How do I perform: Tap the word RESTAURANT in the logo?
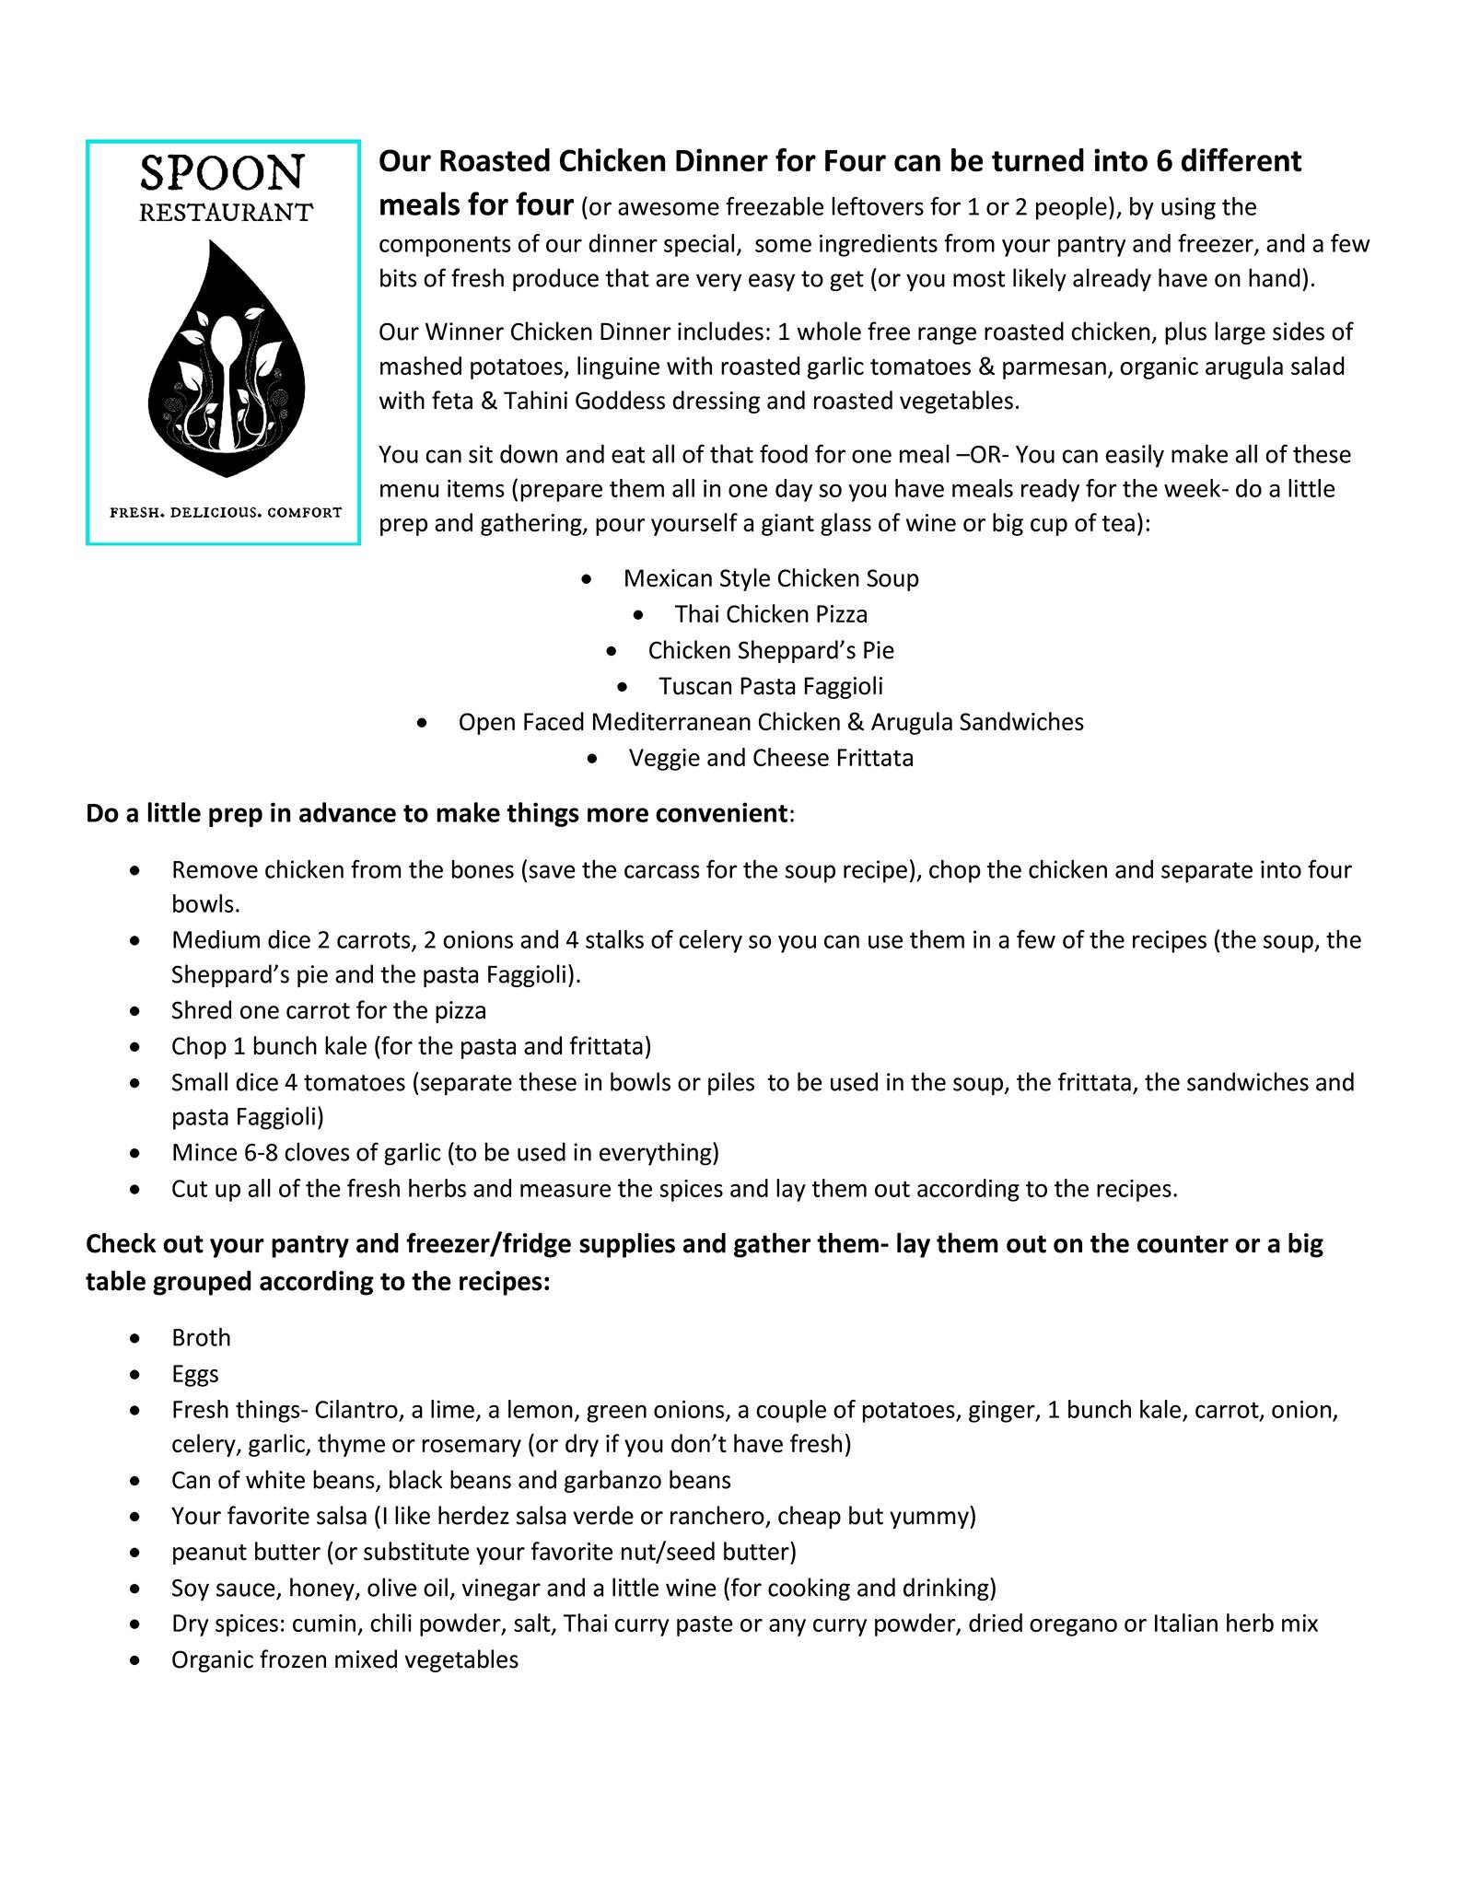point(226,213)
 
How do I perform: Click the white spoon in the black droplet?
point(225,368)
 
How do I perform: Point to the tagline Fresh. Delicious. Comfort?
point(226,512)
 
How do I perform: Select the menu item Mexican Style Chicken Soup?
point(771,578)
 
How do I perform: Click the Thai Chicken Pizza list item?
point(771,614)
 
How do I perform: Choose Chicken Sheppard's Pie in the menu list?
point(771,650)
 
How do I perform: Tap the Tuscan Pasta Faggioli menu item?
point(771,686)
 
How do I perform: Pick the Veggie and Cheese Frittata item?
point(771,758)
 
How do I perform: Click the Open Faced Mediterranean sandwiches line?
point(771,722)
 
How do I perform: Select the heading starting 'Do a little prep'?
point(437,814)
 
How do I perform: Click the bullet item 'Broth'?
point(201,1337)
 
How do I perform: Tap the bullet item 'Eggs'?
point(195,1373)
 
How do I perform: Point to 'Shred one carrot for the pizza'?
point(328,1010)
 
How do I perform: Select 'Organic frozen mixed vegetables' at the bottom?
point(344,1659)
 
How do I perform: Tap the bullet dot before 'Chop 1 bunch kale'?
point(136,1047)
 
